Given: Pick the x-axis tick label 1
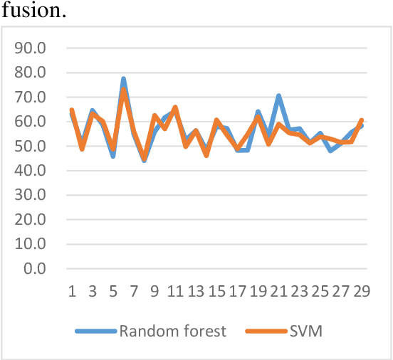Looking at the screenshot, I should [72, 291].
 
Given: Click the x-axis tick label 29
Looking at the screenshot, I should [362, 291].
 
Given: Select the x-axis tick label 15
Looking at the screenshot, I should [216, 291].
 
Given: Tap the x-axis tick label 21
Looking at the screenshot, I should [278, 291].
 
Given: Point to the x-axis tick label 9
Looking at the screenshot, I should [154, 291].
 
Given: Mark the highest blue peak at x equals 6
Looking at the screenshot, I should [123, 79].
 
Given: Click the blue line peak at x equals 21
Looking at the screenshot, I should [279, 96].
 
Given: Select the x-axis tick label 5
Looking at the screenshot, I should [113, 291].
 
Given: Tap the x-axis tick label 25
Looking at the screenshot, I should [320, 291].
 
